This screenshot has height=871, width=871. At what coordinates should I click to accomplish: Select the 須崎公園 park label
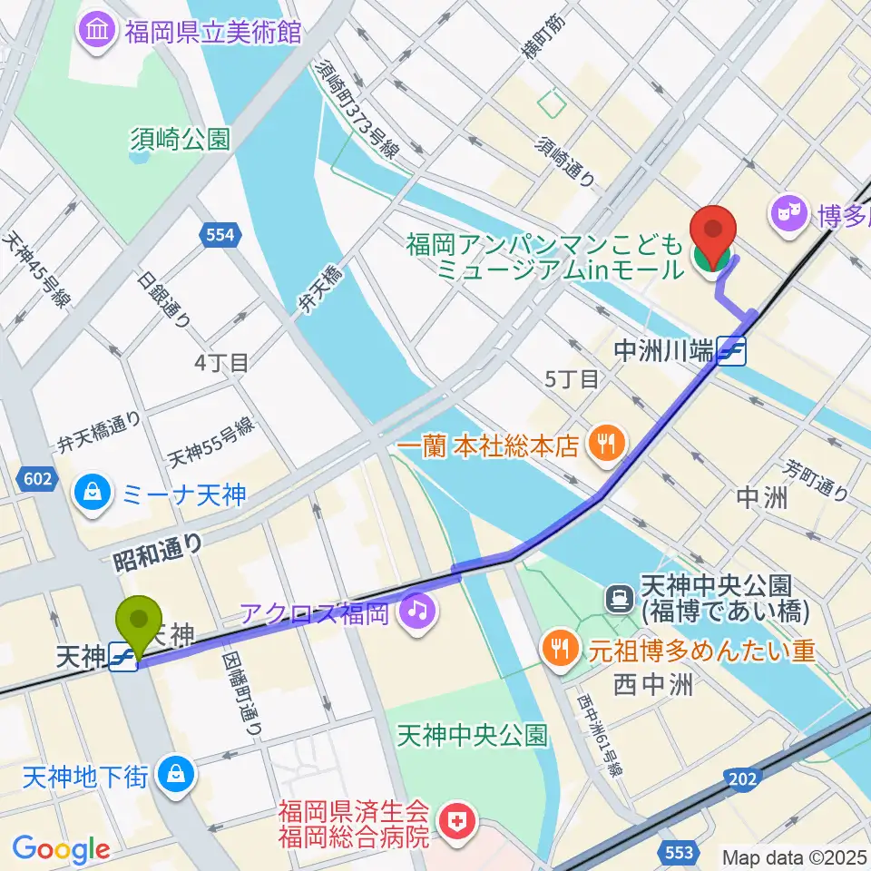(180, 139)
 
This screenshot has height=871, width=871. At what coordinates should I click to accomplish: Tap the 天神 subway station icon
(122, 658)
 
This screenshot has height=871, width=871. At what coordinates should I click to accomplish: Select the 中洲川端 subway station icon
(731, 351)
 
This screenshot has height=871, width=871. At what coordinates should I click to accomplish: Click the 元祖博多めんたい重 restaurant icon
(557, 650)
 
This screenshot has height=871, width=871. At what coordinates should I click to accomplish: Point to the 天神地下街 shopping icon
(171, 773)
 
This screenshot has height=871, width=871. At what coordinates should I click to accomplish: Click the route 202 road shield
(744, 778)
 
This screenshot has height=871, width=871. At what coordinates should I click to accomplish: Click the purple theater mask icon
(785, 214)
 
